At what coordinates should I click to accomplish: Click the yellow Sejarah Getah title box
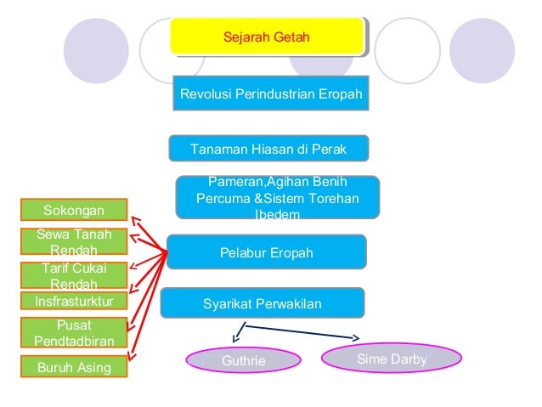[x=267, y=38]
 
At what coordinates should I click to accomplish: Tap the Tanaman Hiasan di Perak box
[x=268, y=149]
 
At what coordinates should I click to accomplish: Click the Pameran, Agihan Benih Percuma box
[x=277, y=198]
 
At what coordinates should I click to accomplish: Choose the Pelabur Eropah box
[x=266, y=253]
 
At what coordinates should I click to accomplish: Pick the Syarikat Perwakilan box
[x=262, y=302]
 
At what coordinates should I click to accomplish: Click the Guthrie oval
[x=243, y=362]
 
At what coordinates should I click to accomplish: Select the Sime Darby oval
[x=391, y=359]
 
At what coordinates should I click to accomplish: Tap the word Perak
[x=328, y=149]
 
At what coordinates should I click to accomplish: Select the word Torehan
[x=333, y=199]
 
